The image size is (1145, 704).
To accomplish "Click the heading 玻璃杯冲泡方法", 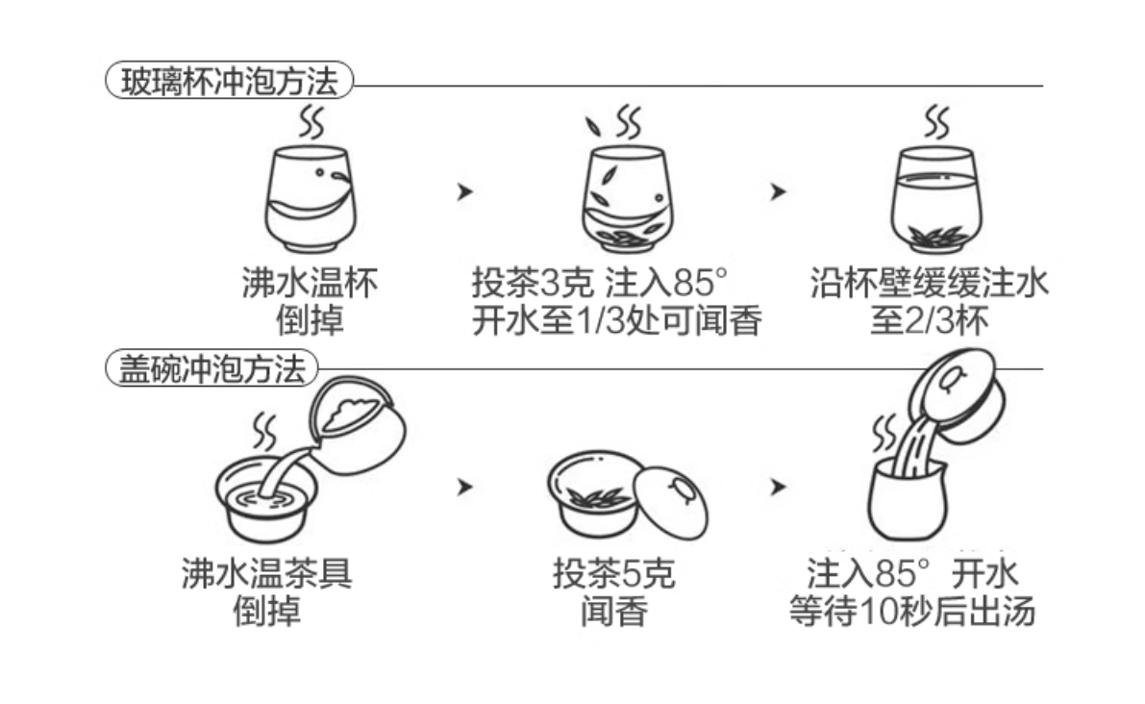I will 229,82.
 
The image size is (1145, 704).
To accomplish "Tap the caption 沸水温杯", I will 309,284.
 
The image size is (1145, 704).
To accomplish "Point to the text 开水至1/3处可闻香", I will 616,321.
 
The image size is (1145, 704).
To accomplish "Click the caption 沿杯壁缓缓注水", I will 929,284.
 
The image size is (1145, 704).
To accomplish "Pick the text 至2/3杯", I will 929,321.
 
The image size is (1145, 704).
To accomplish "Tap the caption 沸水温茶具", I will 266,574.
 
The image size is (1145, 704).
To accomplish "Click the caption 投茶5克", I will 613,574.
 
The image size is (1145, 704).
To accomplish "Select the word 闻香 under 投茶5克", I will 613,612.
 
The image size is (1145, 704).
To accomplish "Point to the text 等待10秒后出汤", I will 911,612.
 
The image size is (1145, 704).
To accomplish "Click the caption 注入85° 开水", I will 911,574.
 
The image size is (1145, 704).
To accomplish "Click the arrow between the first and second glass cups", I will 465,191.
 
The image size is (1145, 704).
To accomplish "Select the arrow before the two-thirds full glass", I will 778,191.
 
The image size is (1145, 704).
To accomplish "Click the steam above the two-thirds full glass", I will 935,122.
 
